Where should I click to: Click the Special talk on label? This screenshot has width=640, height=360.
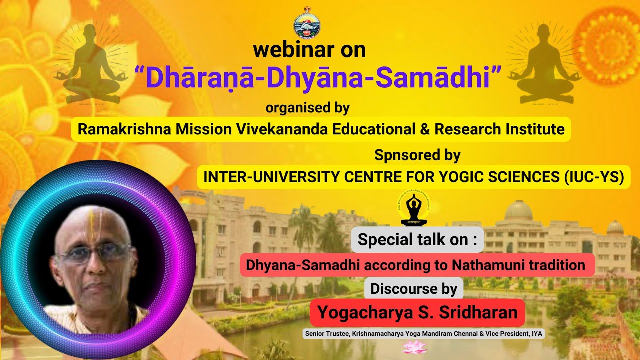(x=417, y=240)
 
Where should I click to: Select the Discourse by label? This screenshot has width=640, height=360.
(x=414, y=288)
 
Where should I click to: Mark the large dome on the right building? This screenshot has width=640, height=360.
(x=518, y=211)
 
